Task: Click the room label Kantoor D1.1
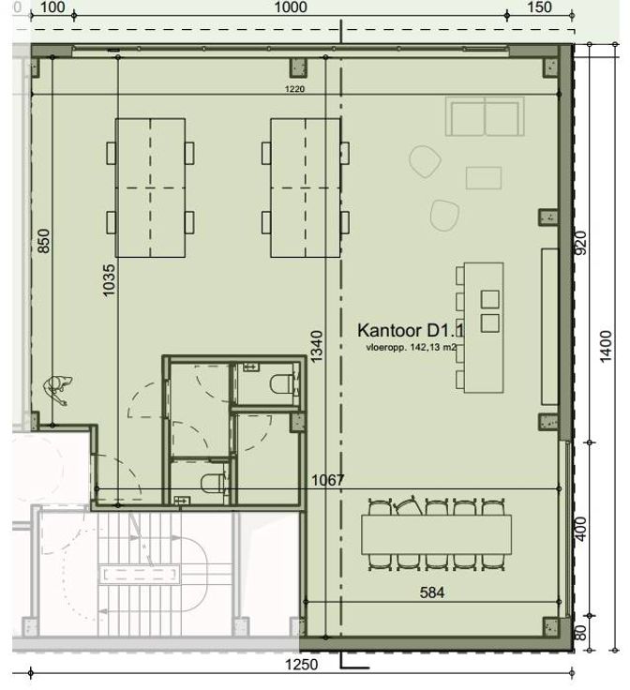(x=411, y=331)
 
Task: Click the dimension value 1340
(x=316, y=346)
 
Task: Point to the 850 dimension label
(x=44, y=241)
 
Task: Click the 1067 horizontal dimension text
(x=328, y=480)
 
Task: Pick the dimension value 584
(x=432, y=592)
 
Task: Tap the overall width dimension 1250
(x=301, y=664)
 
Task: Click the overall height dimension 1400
(x=606, y=346)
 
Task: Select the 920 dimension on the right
(x=580, y=243)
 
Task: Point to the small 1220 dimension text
(x=294, y=89)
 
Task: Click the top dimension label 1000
(x=291, y=7)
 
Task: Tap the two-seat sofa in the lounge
(x=485, y=116)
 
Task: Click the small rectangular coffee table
(x=484, y=178)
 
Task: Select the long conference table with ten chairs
(x=437, y=534)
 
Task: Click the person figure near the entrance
(x=57, y=389)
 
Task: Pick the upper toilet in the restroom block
(x=280, y=383)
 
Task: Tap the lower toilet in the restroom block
(x=212, y=483)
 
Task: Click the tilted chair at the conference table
(x=409, y=505)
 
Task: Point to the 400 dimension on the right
(x=580, y=529)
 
